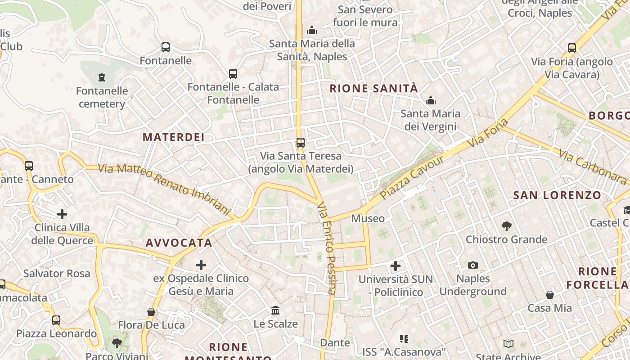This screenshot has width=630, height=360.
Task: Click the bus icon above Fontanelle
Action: click(x=166, y=47)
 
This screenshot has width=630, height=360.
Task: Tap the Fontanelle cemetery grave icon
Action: click(x=102, y=77)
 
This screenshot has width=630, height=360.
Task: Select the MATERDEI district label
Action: click(x=174, y=137)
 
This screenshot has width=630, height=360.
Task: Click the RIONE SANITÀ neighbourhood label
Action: click(x=374, y=88)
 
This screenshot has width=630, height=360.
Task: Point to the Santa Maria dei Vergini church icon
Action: click(x=431, y=100)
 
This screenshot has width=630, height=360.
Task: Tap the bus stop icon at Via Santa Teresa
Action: click(x=301, y=143)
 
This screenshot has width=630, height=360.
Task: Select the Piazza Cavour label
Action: click(x=412, y=177)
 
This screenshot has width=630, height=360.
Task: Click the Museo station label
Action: click(x=368, y=219)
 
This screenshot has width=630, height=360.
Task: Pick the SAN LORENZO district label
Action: click(x=557, y=195)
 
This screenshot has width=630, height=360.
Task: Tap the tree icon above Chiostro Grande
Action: click(x=507, y=226)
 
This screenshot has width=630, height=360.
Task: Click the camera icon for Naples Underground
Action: click(x=472, y=265)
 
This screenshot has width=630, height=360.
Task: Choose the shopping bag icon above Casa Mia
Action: click(x=550, y=295)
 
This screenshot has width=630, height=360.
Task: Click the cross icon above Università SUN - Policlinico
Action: click(x=396, y=266)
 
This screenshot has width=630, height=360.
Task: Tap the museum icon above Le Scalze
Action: click(x=275, y=310)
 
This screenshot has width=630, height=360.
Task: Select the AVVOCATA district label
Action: click(x=179, y=243)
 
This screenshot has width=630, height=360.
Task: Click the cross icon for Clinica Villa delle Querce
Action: click(x=62, y=214)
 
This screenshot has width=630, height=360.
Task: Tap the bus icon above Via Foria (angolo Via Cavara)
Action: click(x=572, y=48)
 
